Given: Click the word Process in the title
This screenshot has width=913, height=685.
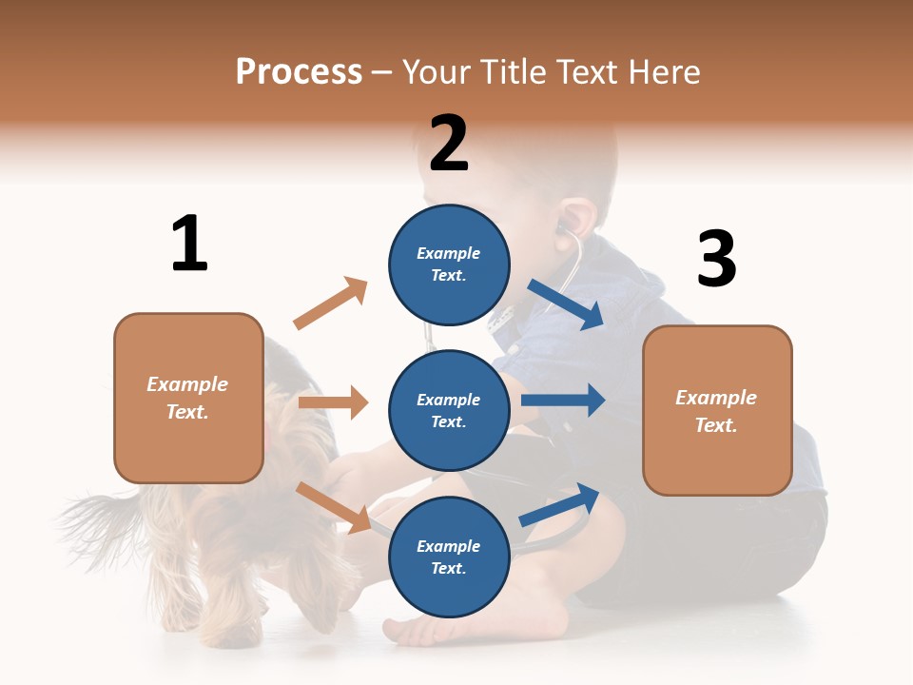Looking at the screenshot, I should [x=299, y=72].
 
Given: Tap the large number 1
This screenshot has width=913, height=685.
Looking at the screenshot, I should [x=189, y=244].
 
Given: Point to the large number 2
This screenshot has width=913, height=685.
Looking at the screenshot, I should [x=449, y=144].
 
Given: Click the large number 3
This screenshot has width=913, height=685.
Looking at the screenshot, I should [x=716, y=260].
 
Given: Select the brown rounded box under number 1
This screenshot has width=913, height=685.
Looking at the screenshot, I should [x=188, y=398].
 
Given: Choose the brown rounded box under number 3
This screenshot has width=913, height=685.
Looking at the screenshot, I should [x=717, y=410].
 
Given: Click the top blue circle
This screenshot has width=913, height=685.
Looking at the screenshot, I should [x=449, y=264].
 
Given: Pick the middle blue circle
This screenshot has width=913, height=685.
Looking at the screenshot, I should [x=449, y=410].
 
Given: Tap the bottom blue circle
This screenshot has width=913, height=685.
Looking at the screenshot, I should [x=449, y=557].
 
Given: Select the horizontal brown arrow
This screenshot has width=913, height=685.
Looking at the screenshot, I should [x=333, y=402].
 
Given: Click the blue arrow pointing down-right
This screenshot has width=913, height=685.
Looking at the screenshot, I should [x=566, y=304].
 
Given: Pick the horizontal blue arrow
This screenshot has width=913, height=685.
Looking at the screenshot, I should [x=563, y=400].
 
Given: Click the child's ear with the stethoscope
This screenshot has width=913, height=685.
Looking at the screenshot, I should [x=572, y=220].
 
